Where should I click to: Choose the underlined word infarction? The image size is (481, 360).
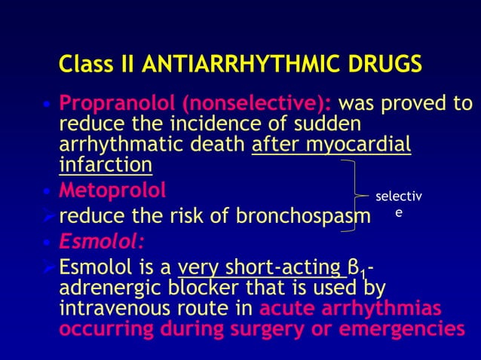(106, 164)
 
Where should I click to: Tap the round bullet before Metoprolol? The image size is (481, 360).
(47, 186)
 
